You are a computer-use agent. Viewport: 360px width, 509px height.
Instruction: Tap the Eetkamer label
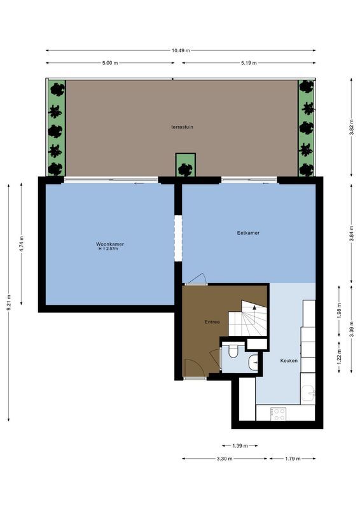pyautogui.click(x=248, y=233)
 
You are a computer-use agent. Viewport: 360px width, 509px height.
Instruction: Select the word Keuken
pyautogui.click(x=289, y=361)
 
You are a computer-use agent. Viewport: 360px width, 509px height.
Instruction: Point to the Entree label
pyautogui.click(x=212, y=322)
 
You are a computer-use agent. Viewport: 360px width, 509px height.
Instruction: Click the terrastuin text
pyautogui.click(x=182, y=127)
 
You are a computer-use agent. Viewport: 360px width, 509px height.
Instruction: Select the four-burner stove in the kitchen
pyautogui.click(x=279, y=413)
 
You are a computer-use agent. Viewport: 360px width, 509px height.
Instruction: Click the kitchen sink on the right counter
pyautogui.click(x=308, y=394)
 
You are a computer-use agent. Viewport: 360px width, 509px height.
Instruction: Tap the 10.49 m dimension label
pyautogui.click(x=180, y=50)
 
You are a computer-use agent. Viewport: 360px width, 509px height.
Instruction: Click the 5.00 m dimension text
pyautogui.click(x=110, y=63)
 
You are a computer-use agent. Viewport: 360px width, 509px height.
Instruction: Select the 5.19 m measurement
pyautogui.click(x=249, y=63)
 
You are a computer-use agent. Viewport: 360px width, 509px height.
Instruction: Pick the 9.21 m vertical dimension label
pyautogui.click(x=8, y=300)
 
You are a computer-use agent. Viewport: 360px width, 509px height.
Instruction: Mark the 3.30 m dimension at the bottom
pyautogui.click(x=225, y=458)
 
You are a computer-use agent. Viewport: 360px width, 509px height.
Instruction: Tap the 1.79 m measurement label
pyautogui.click(x=291, y=458)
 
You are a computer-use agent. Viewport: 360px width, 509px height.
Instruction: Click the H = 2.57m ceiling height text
pyautogui.click(x=107, y=249)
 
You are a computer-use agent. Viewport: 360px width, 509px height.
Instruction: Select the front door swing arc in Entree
pyautogui.click(x=193, y=366)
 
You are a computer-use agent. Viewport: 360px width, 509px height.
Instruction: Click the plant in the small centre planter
pyautogui.click(x=185, y=169)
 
